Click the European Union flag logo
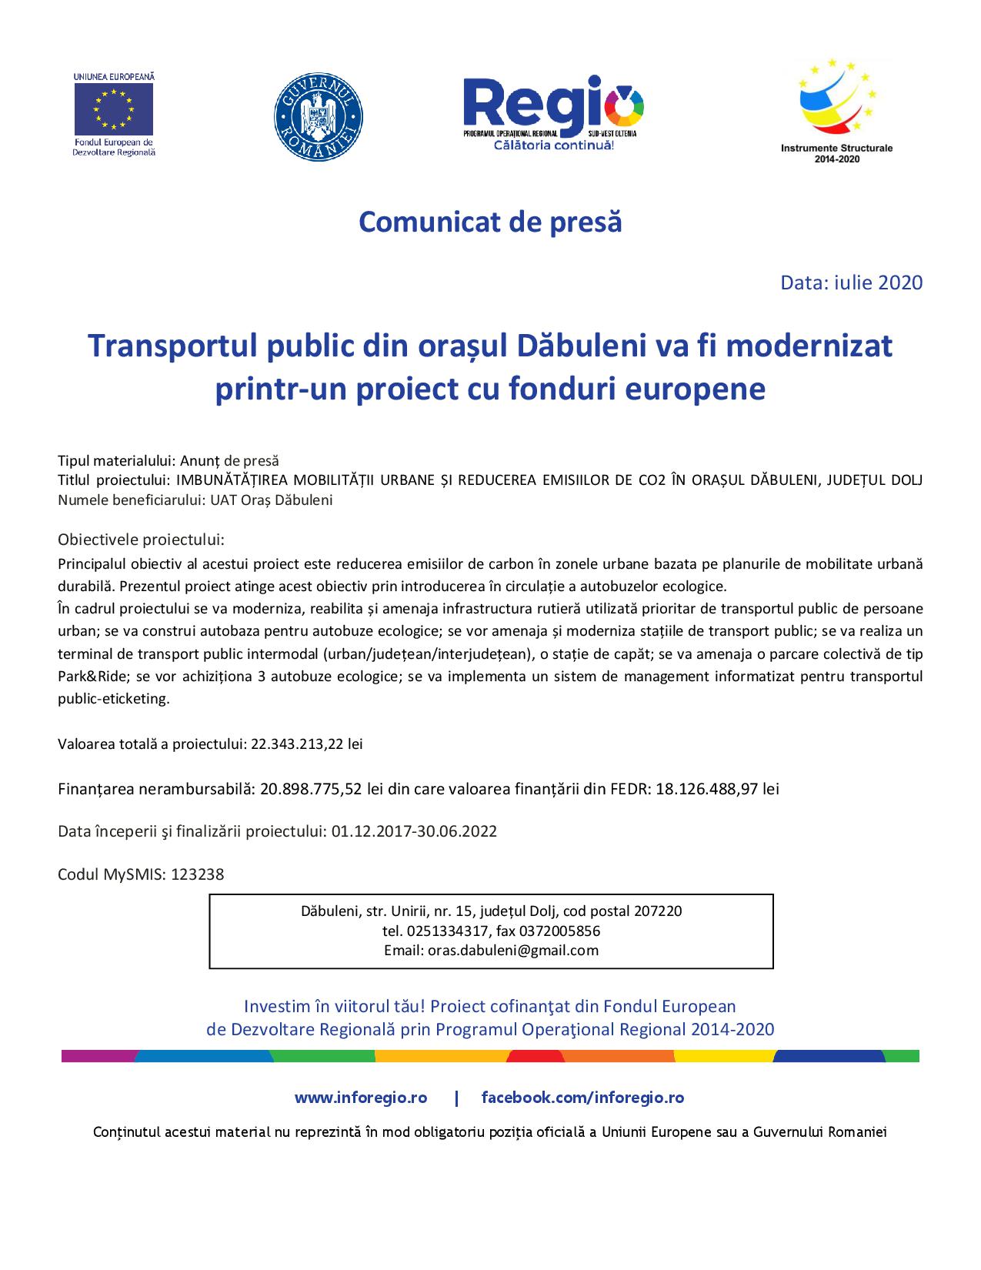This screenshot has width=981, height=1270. click(x=114, y=108)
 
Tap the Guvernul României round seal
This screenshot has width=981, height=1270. click(x=319, y=118)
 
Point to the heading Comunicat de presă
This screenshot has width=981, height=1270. click(x=490, y=222)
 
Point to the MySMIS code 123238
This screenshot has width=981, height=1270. click(x=198, y=874)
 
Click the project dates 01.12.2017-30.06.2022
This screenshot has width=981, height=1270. click(x=414, y=831)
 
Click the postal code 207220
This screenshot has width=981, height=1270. click(x=658, y=911)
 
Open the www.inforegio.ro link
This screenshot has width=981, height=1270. click(x=360, y=1098)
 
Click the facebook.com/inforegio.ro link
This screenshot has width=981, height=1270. click(x=582, y=1098)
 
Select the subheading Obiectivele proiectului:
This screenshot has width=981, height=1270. click(x=141, y=539)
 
